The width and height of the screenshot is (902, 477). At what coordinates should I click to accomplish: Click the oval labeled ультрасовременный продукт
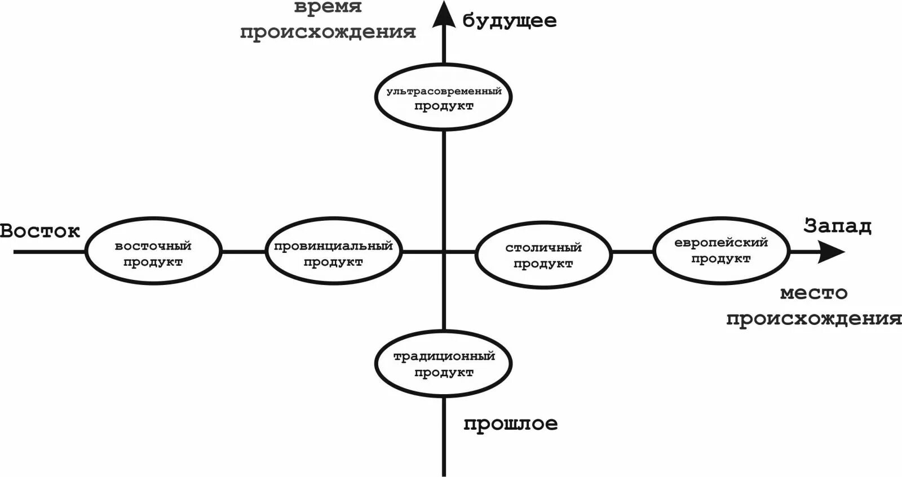[443, 97]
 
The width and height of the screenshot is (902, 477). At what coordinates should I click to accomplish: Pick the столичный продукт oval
[543, 255]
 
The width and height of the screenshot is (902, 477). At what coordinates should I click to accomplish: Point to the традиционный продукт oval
[444, 363]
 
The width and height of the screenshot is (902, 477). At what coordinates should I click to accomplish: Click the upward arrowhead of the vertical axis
[444, 14]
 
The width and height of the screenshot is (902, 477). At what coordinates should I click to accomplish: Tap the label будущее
[510, 21]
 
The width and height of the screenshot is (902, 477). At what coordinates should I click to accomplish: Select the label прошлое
[510, 423]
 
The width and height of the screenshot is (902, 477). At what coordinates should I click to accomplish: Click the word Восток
[40, 230]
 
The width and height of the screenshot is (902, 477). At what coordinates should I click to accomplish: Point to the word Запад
[838, 226]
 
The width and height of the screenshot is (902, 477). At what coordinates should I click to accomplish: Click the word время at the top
[328, 7]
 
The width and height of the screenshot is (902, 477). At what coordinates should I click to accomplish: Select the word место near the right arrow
[813, 293]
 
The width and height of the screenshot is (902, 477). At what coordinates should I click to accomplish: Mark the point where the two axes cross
[444, 252]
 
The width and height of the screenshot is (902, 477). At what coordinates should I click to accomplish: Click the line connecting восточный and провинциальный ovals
[244, 252]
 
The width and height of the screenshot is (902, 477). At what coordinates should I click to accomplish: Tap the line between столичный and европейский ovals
[632, 252]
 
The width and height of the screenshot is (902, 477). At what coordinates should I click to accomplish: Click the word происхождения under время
[328, 32]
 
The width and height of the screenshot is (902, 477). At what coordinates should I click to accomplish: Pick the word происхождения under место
[813, 319]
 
